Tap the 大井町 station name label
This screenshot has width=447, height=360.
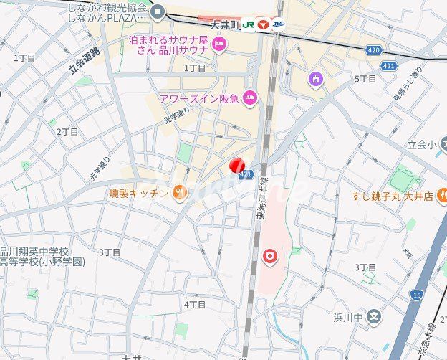click(223, 24)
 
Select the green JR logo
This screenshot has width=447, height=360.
click(247, 24)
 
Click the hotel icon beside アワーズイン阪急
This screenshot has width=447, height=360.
click(250, 98)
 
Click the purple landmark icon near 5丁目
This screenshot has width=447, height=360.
click(315, 78)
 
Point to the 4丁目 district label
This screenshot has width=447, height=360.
click(195, 304)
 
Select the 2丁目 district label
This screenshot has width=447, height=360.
click(68, 132)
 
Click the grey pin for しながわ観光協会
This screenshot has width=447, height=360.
click(158, 11)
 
